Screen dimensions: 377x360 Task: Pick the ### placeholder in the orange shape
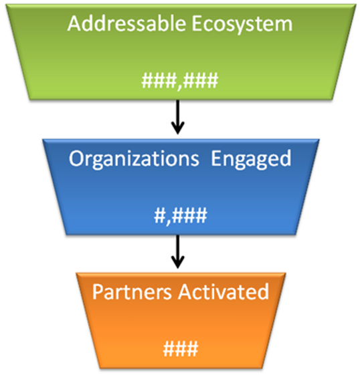(179, 348)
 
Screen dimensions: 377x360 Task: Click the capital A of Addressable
(74, 24)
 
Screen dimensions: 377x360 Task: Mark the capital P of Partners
(97, 292)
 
